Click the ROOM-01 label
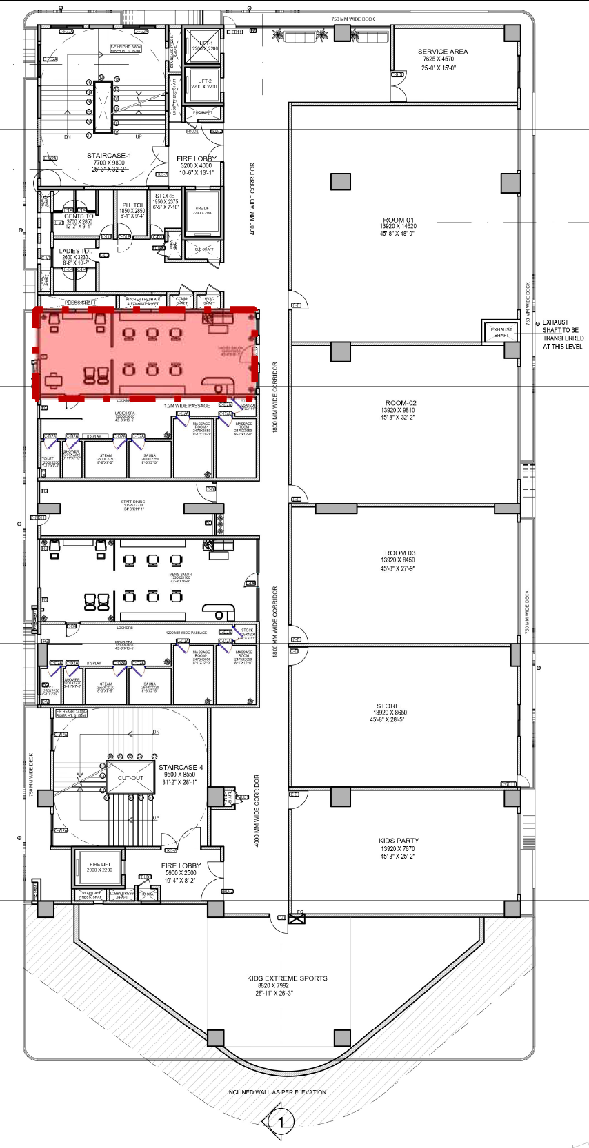[x=398, y=221]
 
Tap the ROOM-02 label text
[x=400, y=403]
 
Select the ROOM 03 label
[x=399, y=553]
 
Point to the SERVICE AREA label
[x=442, y=52]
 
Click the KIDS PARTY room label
[x=398, y=841]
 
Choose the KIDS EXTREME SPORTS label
[x=287, y=978]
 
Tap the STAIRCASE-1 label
[x=108, y=156]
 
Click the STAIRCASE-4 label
[x=181, y=767]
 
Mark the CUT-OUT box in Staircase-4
[x=130, y=778]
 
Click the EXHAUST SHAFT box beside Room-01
[x=501, y=332]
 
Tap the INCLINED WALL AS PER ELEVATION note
[x=277, y=1092]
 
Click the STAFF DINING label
[x=132, y=502]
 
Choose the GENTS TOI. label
[x=79, y=216]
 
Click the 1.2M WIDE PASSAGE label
[x=186, y=406]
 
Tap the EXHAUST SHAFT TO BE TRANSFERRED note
[x=561, y=334]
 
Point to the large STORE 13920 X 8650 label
[x=388, y=706]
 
